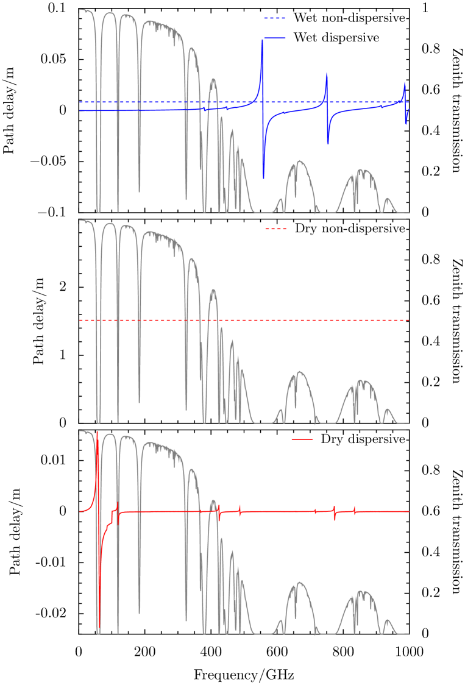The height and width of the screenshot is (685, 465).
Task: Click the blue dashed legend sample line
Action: pyautogui.click(x=274, y=18)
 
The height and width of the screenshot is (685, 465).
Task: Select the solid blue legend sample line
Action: pyautogui.click(x=274, y=38)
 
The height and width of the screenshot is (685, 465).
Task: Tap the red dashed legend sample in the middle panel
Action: pyautogui.click(x=275, y=229)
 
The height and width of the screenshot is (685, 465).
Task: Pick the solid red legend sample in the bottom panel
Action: pyautogui.click(x=302, y=439)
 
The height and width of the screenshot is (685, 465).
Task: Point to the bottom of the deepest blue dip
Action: pyautogui.click(x=263, y=177)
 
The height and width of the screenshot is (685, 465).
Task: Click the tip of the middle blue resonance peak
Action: pyautogui.click(x=327, y=73)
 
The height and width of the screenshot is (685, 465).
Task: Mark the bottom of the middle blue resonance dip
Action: pyautogui.click(x=328, y=144)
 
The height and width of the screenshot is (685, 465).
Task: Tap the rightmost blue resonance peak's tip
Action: pyautogui.click(x=403, y=82)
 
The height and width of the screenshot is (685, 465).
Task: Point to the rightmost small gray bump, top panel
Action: pyautogui.click(x=388, y=198)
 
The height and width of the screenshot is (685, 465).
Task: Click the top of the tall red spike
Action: pyautogui.click(x=97, y=431)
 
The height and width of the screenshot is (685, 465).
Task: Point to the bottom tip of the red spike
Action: pyautogui.click(x=99, y=628)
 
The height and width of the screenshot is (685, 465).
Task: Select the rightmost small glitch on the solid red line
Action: pyautogui.click(x=355, y=511)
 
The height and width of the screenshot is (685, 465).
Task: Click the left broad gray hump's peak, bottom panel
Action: pyautogui.click(x=299, y=583)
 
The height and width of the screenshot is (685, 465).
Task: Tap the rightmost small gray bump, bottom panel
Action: pyautogui.click(x=388, y=620)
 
